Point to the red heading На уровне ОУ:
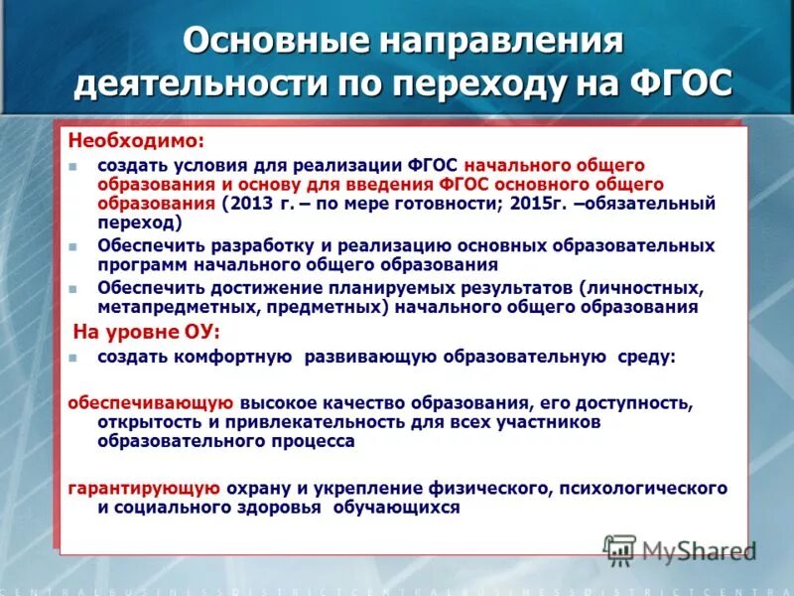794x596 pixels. (x=147, y=331)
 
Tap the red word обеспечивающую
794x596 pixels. (x=150, y=403)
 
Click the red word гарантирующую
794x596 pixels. (x=143, y=488)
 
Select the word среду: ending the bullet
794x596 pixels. (x=644, y=356)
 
